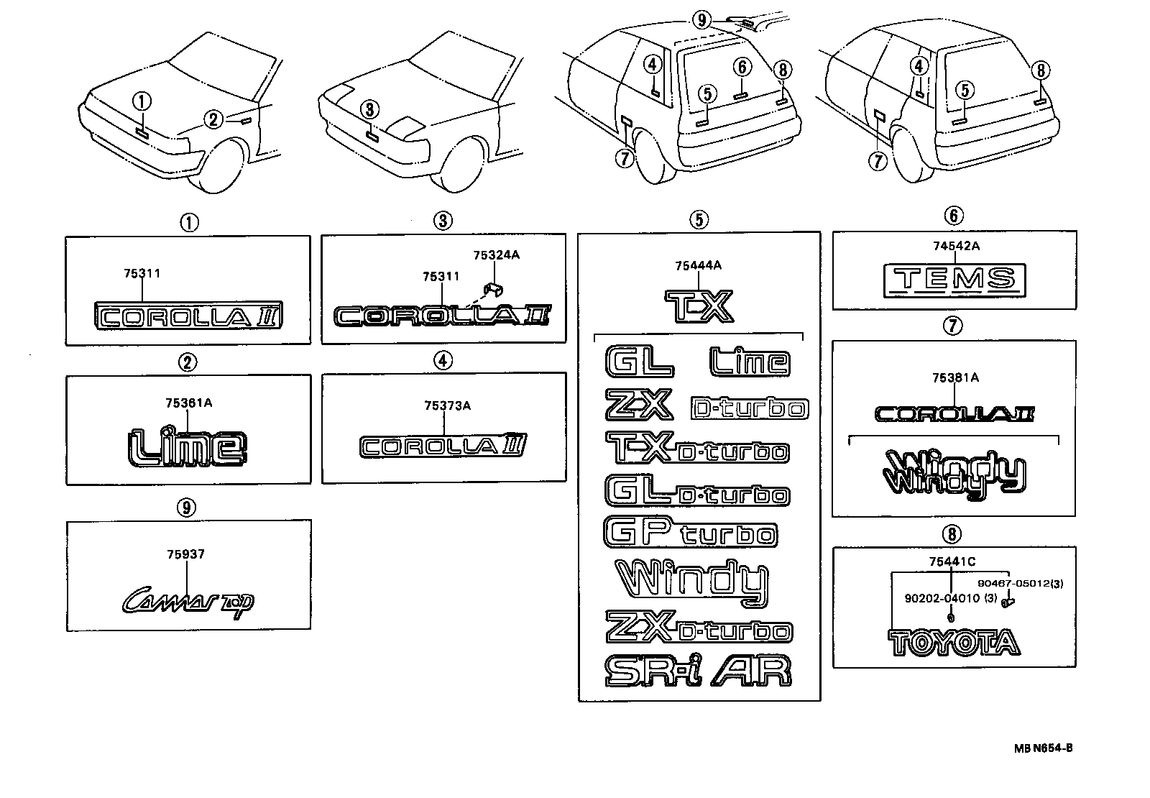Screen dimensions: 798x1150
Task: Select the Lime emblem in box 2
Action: pos(188,446)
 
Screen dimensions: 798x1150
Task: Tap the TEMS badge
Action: pos(954,279)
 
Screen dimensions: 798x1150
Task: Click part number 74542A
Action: pos(956,246)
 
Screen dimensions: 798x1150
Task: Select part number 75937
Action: pos(185,554)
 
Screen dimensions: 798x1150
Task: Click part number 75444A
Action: pos(698,266)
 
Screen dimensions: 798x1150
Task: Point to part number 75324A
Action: pos(495,255)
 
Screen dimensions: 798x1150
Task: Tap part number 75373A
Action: pos(446,406)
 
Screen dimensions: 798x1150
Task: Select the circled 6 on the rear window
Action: pos(742,67)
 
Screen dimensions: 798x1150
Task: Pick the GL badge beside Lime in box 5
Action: pos(639,362)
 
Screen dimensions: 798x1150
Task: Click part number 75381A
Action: pos(955,377)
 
